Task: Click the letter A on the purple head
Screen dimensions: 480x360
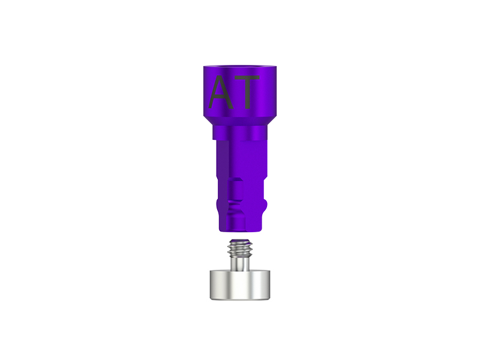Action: coord(221,92)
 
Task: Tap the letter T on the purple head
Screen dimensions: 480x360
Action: coord(247,92)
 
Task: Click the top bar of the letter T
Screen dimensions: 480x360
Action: coord(247,77)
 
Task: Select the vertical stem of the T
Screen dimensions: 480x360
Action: coord(248,94)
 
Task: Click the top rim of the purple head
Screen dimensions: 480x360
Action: coord(240,66)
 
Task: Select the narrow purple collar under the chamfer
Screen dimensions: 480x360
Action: coord(240,132)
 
